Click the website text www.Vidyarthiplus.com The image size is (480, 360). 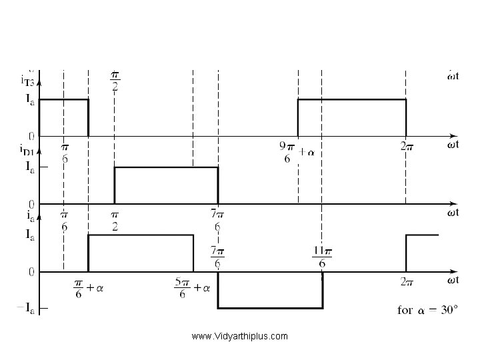(x=239, y=336)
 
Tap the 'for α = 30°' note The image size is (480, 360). (x=428, y=311)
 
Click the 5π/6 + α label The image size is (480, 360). (x=193, y=289)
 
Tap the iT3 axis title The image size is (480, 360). (x=29, y=81)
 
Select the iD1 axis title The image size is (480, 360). (x=27, y=151)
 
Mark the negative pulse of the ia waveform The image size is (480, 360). (x=270, y=307)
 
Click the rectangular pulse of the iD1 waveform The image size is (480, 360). (x=166, y=167)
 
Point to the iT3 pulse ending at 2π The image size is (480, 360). (x=351, y=100)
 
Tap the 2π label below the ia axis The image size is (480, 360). (x=407, y=282)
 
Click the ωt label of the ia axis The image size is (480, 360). (x=453, y=281)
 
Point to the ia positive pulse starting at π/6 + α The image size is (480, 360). (x=141, y=235)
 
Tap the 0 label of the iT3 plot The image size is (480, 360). (x=31, y=135)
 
